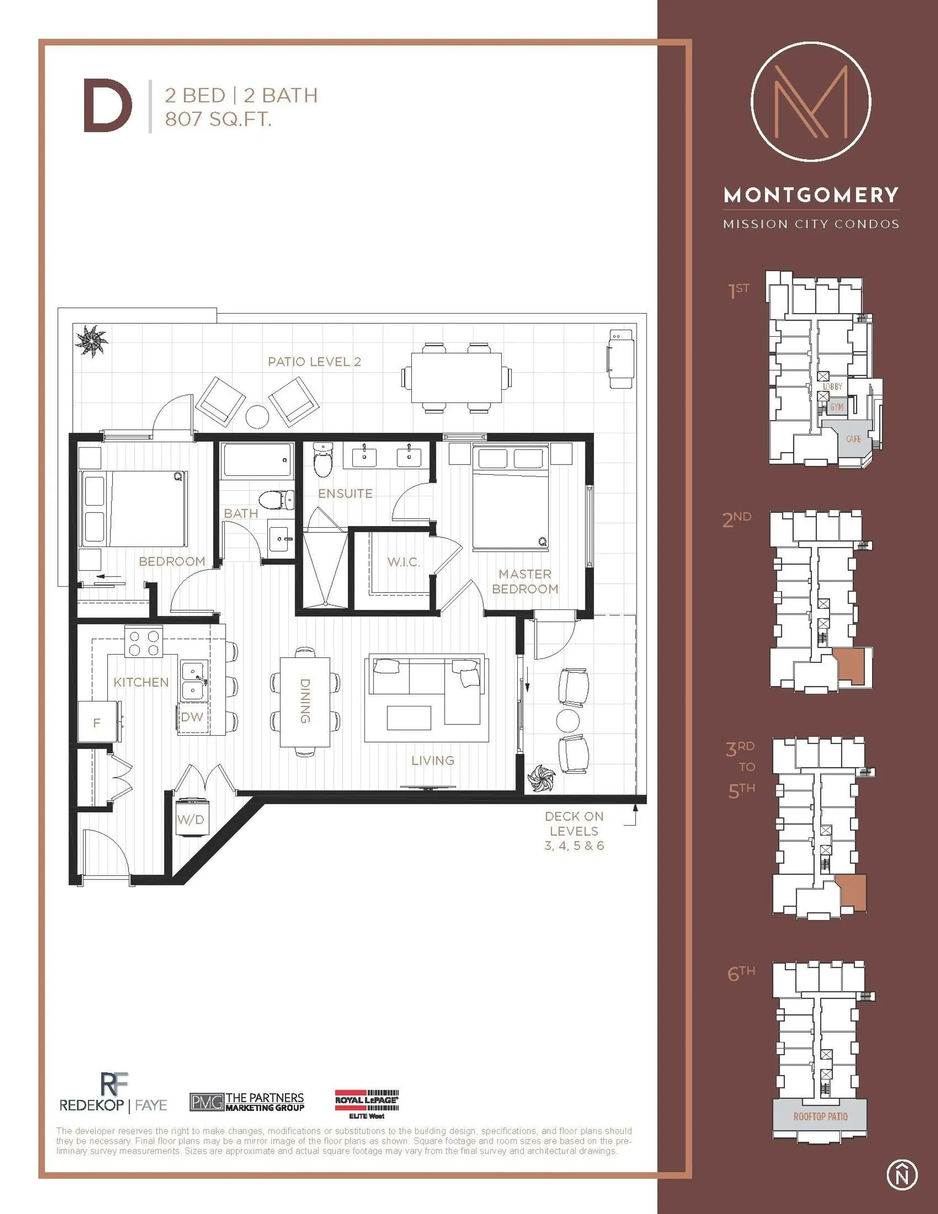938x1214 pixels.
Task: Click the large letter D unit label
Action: coord(107,106)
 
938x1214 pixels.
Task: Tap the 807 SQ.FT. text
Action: coord(218,119)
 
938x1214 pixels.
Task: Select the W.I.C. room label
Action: coord(403,562)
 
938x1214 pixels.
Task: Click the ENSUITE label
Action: coord(345,493)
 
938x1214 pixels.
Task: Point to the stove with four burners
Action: coord(144,642)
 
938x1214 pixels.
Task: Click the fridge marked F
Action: coord(98,722)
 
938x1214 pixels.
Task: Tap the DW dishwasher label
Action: coord(192,717)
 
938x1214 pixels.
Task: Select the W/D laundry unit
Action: coord(191,818)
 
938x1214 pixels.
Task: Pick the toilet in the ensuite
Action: coord(322,460)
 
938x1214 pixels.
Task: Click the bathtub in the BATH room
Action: coord(257,461)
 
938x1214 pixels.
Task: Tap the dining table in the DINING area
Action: coord(305,702)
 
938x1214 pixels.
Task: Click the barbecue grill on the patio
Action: coord(620,359)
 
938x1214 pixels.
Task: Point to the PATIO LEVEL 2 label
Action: coord(314,362)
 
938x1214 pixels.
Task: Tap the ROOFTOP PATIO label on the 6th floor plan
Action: coord(820,1117)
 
